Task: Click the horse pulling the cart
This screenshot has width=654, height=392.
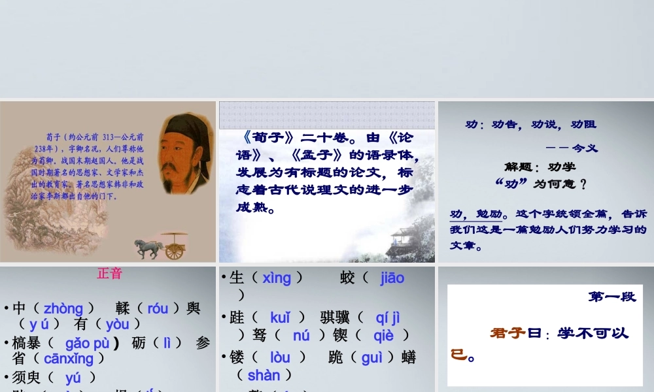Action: [x=148, y=248]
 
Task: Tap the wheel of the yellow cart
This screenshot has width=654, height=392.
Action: [x=175, y=250]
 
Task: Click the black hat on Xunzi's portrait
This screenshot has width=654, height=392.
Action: [x=188, y=124]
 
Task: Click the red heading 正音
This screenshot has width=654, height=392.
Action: [x=109, y=274]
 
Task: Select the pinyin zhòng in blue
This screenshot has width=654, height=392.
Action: [x=63, y=308]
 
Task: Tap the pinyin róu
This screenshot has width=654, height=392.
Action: [x=158, y=308]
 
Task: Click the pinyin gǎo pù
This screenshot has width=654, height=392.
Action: [x=87, y=343]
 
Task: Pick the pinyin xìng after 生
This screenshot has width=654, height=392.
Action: [x=277, y=278]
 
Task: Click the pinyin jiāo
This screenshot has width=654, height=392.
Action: [x=392, y=278]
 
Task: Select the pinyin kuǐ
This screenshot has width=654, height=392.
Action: [x=280, y=318]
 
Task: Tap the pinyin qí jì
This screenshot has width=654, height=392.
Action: [x=388, y=318]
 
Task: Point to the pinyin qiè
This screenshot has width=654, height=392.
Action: [x=384, y=335]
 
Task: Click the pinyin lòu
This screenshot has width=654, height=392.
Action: [x=280, y=357]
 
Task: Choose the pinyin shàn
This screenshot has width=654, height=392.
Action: [x=264, y=375]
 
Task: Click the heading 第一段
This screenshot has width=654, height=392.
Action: [x=611, y=297]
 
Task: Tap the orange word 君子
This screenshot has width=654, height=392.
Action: [x=508, y=333]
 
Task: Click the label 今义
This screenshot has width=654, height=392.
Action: [x=585, y=148]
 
